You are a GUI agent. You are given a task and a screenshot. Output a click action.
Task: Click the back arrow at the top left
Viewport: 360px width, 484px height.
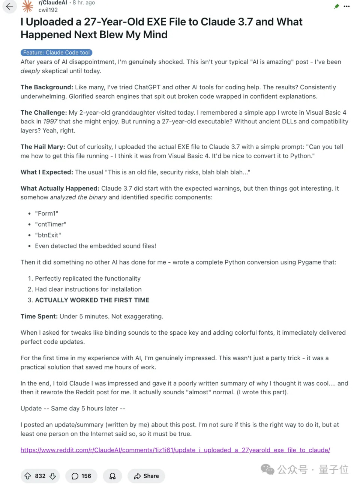click(x=9, y=6)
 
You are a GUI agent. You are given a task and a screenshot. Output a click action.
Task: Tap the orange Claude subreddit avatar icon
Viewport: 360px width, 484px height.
click(x=27, y=6)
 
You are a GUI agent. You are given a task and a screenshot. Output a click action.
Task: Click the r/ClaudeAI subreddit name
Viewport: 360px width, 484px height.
click(x=53, y=3)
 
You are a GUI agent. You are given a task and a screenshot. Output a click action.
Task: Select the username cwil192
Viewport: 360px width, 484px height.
click(x=48, y=10)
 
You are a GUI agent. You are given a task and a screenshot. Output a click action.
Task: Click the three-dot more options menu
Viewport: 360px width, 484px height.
click(x=347, y=6)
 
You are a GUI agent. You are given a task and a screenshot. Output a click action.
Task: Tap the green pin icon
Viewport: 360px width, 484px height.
click(x=336, y=6)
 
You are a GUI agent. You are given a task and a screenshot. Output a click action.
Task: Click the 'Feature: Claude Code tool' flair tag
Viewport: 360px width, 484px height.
click(x=56, y=53)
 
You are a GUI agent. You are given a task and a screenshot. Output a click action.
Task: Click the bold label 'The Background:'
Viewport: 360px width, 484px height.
click(x=47, y=87)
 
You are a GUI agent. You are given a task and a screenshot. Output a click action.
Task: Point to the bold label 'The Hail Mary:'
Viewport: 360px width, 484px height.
click(x=43, y=147)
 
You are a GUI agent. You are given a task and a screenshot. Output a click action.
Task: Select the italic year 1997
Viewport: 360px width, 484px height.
click(x=50, y=122)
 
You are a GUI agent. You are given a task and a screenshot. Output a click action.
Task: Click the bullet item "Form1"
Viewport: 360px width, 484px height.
click(x=46, y=213)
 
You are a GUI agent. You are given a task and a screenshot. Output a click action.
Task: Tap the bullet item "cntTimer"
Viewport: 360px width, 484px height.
click(x=51, y=224)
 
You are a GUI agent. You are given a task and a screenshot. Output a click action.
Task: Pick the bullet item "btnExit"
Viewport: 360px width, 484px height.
click(x=48, y=235)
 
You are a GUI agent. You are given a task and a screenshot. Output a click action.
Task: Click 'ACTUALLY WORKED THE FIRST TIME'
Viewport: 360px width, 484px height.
click(x=92, y=300)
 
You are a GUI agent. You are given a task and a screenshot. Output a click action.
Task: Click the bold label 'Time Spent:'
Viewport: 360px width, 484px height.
click(x=39, y=316)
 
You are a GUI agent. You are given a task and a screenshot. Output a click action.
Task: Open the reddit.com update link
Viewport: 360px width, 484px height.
click(x=175, y=450)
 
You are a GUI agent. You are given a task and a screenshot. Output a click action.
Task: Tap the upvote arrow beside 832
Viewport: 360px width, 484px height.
click(x=28, y=476)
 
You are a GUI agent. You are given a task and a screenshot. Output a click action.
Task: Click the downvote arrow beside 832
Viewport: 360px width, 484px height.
click(x=53, y=476)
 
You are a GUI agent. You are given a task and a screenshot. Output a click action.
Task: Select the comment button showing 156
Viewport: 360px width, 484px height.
click(x=81, y=476)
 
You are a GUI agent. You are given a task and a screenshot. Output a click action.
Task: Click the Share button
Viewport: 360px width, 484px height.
click(x=146, y=476)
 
